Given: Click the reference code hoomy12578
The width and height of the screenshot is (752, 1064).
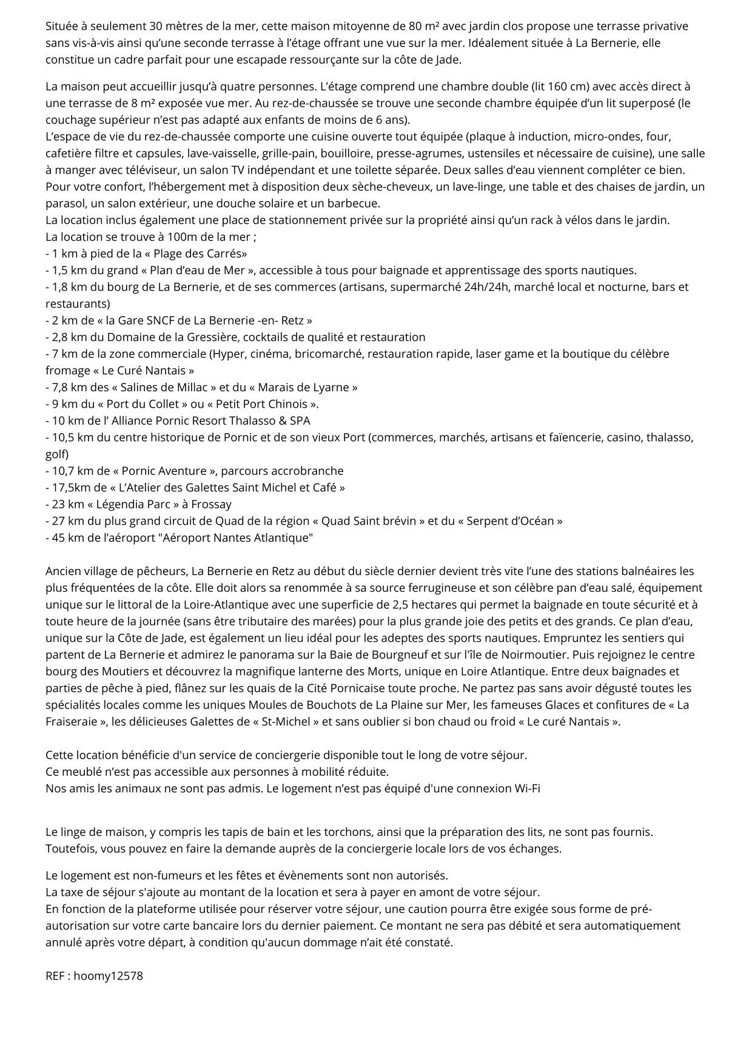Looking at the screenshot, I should click(108, 976).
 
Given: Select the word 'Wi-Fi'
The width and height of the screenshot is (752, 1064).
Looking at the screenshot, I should click(527, 788).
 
